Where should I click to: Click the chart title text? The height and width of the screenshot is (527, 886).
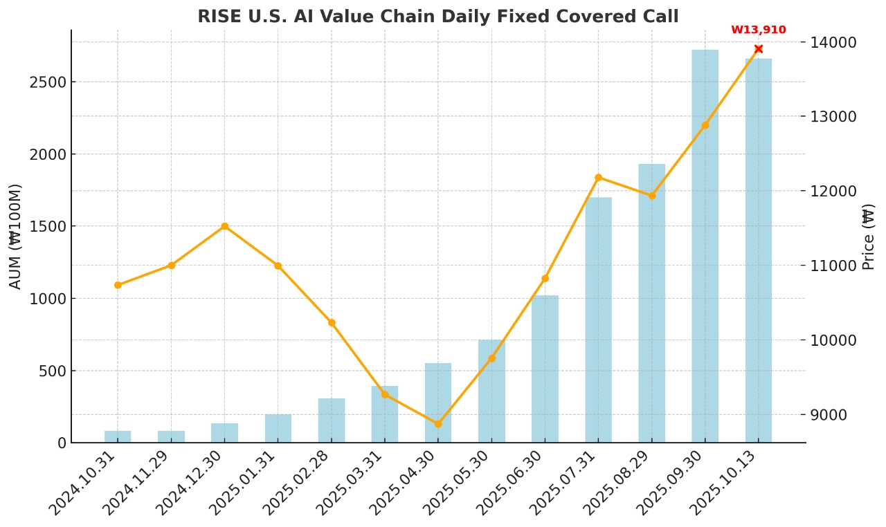[x=437, y=17]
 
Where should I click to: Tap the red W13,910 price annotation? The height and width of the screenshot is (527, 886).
[x=758, y=30]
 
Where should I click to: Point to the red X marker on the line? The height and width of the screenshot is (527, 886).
[x=758, y=49]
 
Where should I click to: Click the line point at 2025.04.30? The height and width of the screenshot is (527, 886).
[x=438, y=424]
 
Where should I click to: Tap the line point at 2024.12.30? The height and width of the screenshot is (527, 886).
[x=224, y=226]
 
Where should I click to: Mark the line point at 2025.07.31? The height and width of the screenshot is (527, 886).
[x=598, y=178]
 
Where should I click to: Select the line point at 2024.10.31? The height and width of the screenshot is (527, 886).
[x=118, y=285]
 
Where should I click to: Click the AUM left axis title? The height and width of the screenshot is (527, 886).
[x=15, y=236]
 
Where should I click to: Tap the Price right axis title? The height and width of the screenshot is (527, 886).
[x=869, y=236]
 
